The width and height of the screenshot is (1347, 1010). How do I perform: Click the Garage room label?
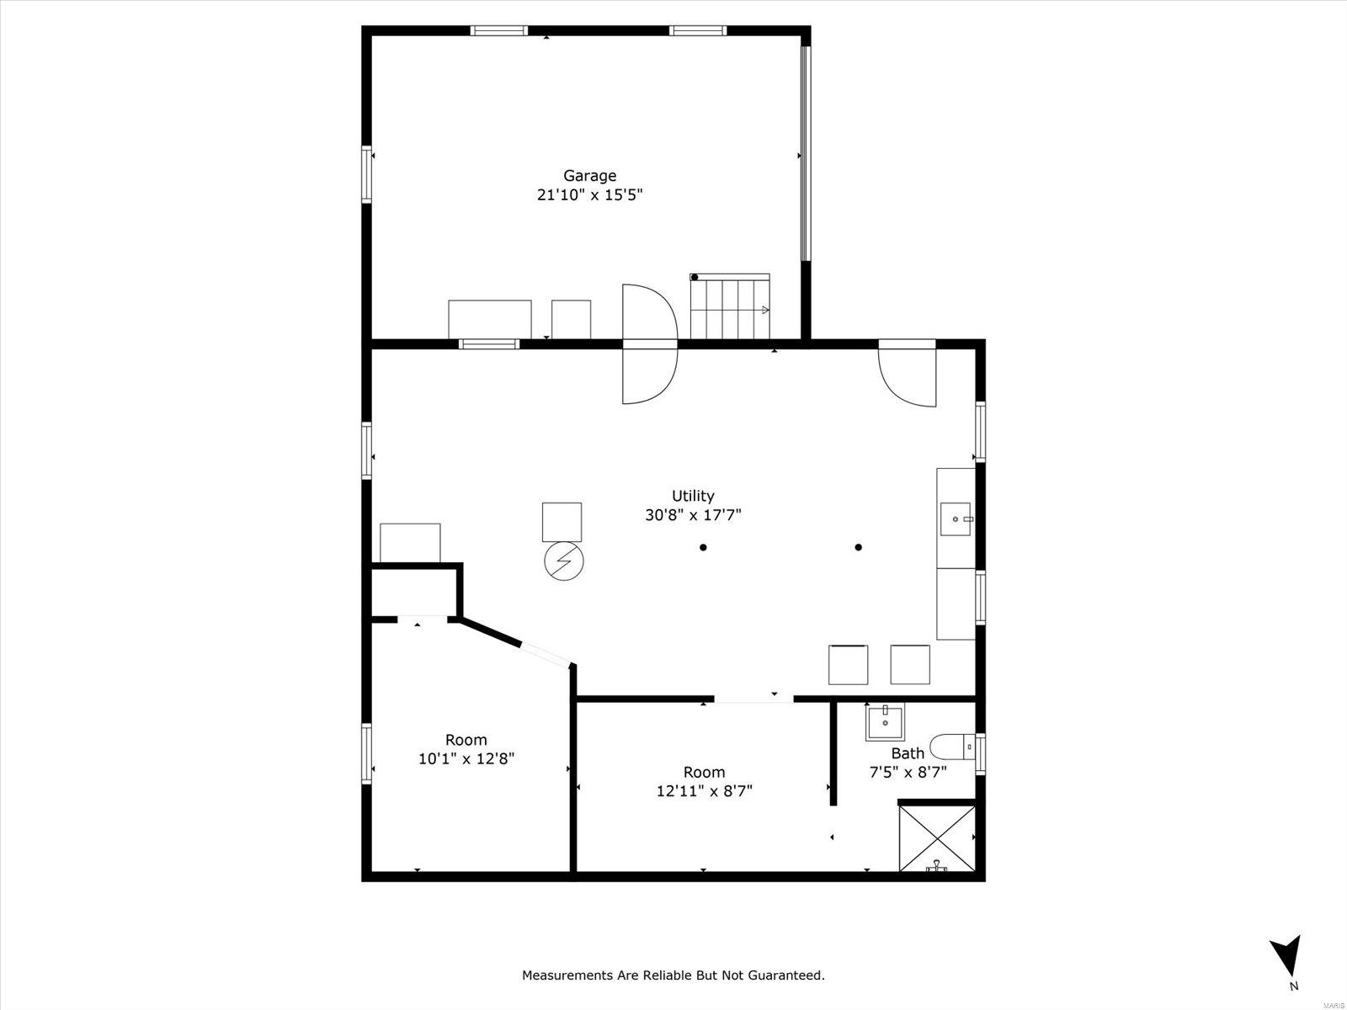coord(590,177)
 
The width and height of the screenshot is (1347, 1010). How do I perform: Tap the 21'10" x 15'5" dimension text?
coord(590,195)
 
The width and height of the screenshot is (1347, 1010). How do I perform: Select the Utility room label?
coord(693,496)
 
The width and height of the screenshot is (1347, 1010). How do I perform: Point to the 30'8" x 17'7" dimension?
coord(693,515)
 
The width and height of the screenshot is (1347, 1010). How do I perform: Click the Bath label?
coord(908,753)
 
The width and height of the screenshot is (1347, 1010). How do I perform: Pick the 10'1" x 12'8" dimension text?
coord(466,759)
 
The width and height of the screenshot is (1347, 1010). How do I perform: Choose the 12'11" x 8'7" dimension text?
coord(705,791)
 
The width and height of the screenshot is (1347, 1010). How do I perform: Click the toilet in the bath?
coord(952,747)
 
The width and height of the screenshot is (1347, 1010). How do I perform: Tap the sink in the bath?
coord(885,722)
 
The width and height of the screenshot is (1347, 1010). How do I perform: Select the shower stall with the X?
coord(937,838)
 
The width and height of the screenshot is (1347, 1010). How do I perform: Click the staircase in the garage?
coord(730,306)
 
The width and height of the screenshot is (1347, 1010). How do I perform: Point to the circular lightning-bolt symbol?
coord(564,561)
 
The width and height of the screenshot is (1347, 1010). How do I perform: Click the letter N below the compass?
coord(1294,986)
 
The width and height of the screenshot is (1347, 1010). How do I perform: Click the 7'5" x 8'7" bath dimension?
coord(908,772)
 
